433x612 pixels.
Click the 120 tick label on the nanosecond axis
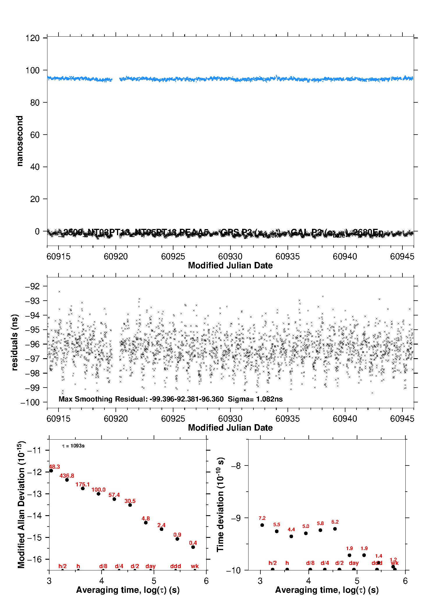point(32,38)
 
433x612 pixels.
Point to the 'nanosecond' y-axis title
point(19,141)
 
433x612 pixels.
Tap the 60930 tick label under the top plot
point(230,256)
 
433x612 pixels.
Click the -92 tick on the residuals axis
point(32,286)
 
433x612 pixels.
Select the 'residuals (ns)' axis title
point(15,342)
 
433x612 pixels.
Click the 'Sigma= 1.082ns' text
point(255,399)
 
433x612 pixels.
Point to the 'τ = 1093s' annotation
point(73,446)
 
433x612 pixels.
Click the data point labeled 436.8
point(67,480)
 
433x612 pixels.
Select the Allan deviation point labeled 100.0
point(98,494)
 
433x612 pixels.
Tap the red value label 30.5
point(130,501)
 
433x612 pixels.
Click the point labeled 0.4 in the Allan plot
point(193,547)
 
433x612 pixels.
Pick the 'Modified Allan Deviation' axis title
point(21,505)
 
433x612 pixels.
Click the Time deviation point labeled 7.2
point(262,525)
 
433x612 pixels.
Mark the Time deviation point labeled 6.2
point(335,529)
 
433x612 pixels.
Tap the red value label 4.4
point(291,529)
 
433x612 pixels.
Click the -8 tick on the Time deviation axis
point(236,466)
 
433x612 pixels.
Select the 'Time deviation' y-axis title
point(220,505)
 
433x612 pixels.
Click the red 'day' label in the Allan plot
point(150,566)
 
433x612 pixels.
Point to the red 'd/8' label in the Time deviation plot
point(310,563)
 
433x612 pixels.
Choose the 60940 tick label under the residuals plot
point(345,419)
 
